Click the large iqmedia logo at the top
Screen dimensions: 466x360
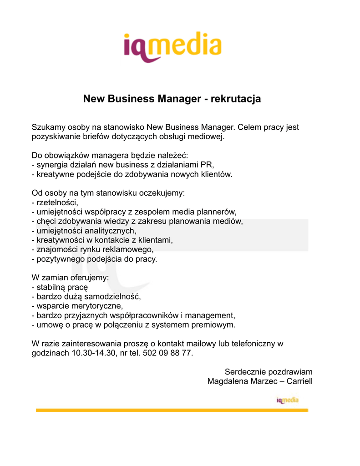click(172, 46)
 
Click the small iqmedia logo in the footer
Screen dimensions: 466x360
click(287, 400)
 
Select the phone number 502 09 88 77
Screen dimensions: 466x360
click(167, 353)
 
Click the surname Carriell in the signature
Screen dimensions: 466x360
click(299, 381)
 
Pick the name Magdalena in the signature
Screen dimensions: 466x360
click(228, 381)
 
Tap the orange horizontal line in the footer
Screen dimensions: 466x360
click(172, 410)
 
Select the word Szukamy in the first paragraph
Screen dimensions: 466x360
click(47, 127)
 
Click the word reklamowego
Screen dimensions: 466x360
click(130, 249)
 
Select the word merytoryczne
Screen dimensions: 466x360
click(97, 306)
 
